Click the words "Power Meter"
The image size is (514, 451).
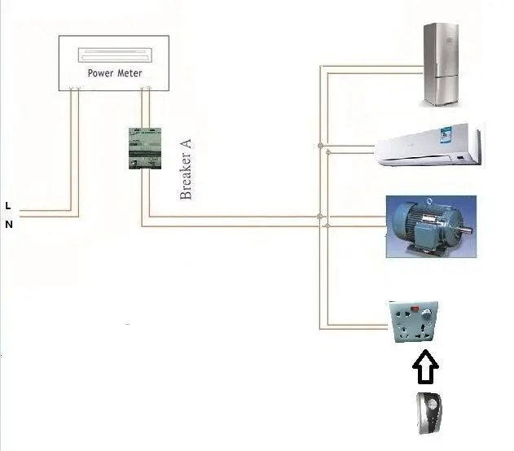pyautogui.click(x=115, y=73)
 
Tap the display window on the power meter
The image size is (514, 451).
pyautogui.click(x=115, y=56)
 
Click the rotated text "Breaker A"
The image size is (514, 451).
pyautogui.click(x=186, y=169)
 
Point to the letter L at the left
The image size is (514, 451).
pyautogui.click(x=8, y=205)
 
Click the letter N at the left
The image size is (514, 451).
pyautogui.click(x=9, y=225)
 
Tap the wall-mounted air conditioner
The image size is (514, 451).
pyautogui.click(x=428, y=144)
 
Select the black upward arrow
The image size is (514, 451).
pyautogui.click(x=424, y=368)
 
